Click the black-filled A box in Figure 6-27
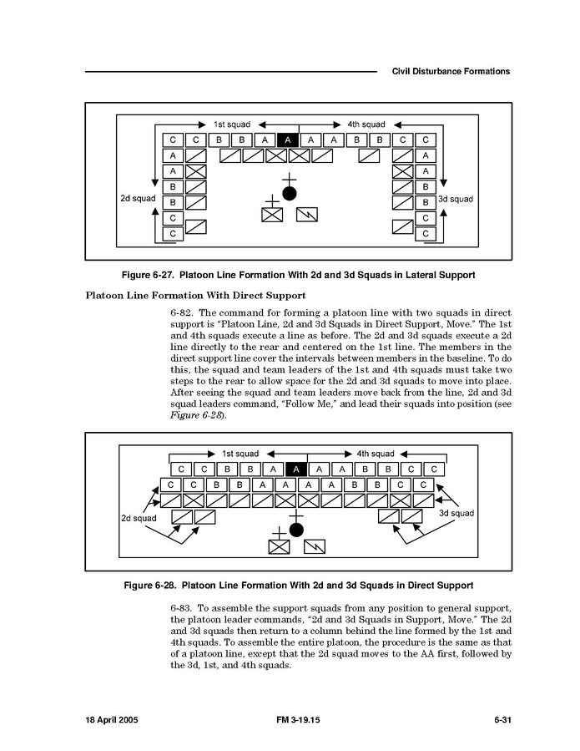tap(288, 140)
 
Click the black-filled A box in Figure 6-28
tap(296, 469)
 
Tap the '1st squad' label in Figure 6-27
tap(232, 124)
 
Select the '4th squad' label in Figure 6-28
tap(376, 454)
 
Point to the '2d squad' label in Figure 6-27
tap(138, 198)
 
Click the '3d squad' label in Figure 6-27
tap(456, 199)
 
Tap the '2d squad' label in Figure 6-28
tap(139, 518)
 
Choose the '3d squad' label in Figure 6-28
tap(456, 513)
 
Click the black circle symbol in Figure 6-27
tap(290, 194)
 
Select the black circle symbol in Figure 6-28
tap(297, 530)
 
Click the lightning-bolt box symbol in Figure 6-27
tap(307, 215)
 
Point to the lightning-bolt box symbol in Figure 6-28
tap(315, 546)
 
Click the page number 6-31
tap(503, 720)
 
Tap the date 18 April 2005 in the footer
tap(112, 720)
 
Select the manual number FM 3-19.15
tap(298, 720)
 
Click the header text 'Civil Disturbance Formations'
tap(451, 71)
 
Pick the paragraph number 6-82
tap(181, 312)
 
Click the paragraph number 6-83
tap(181, 608)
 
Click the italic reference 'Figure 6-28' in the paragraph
tap(197, 415)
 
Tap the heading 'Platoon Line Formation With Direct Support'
tap(196, 295)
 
